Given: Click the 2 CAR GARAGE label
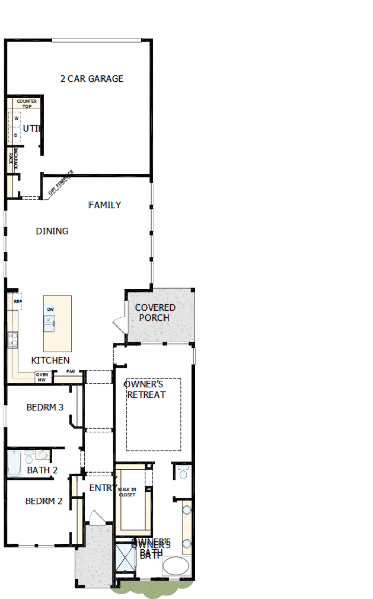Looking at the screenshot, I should coord(92,78).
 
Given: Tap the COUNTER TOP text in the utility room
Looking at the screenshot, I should coord(27,104).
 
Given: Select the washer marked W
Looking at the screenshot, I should coord(16,118).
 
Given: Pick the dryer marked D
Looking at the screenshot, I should coord(16,135).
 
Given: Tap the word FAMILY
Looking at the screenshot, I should coord(105,205).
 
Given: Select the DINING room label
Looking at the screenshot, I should coord(52,231).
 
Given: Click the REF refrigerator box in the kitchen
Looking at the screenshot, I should coord(17,301).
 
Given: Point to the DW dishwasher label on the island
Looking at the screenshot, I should coord(50,310).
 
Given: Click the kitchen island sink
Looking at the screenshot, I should coord(49,323).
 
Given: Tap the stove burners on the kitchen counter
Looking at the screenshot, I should coord(12,340).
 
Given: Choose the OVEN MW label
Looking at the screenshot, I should coord(42,377).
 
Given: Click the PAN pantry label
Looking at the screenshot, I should coord(71,372).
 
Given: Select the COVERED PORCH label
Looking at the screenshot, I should coord(155,313).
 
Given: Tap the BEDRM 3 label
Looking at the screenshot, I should coord(45,407).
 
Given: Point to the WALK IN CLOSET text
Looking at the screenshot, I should coord(127,492).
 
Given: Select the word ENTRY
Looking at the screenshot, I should coord(103,488).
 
